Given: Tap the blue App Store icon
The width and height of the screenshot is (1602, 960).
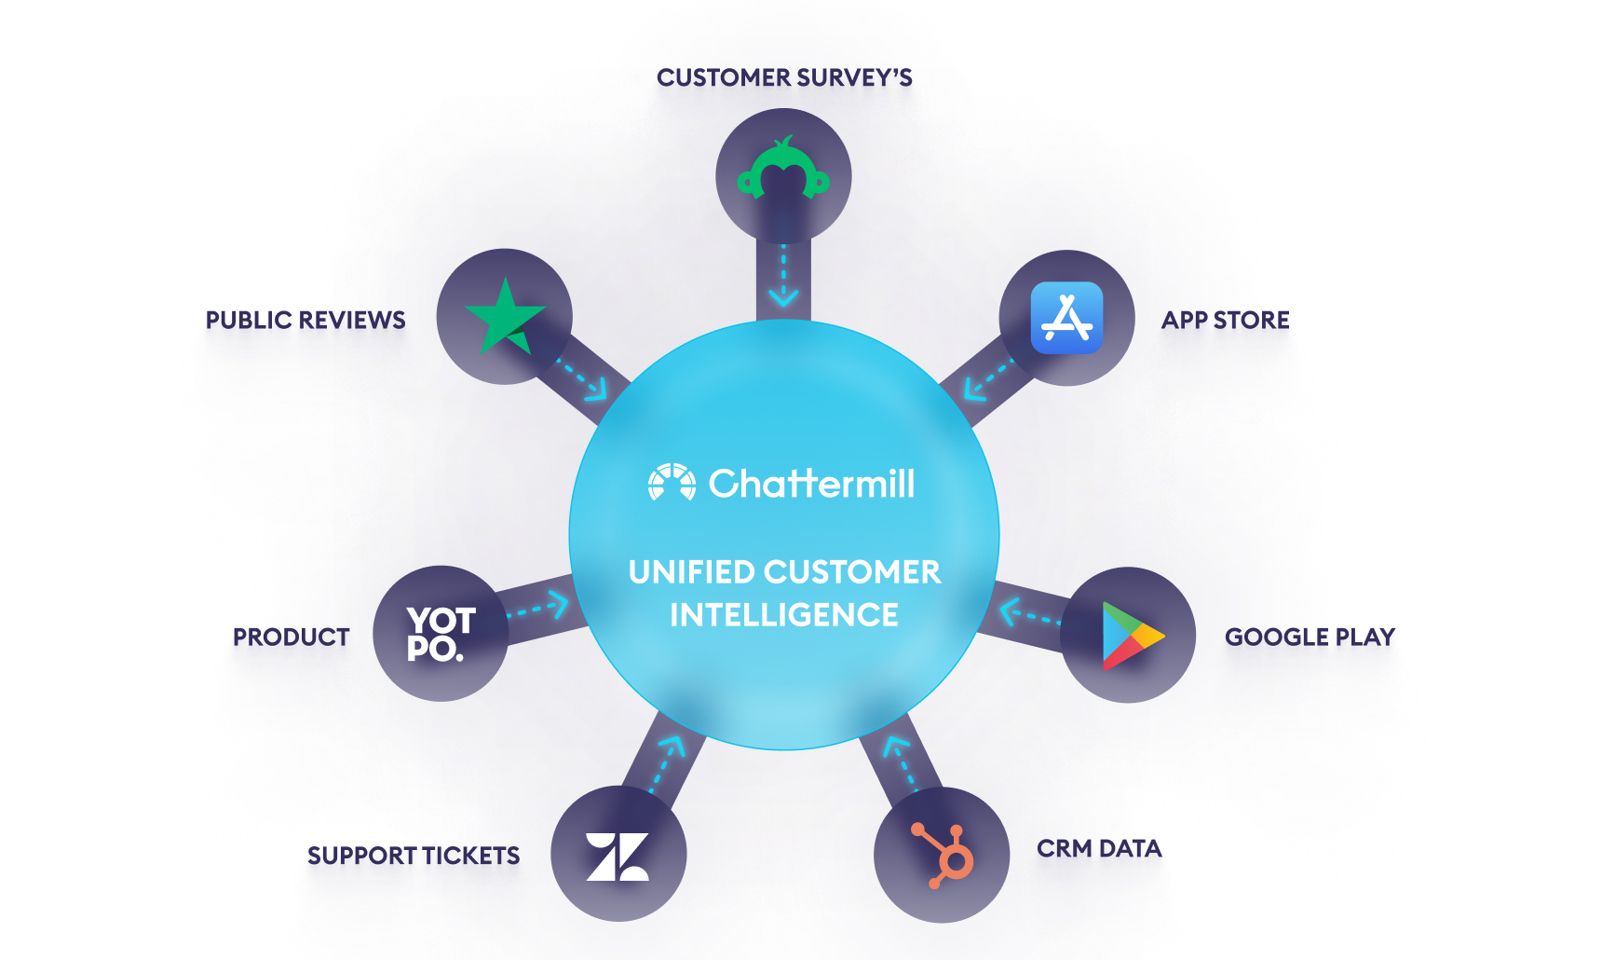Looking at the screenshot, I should coord(1066,318).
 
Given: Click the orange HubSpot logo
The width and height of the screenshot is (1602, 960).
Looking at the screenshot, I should coord(944,855).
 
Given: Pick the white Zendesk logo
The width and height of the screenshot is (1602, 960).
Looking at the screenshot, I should coord(618,856).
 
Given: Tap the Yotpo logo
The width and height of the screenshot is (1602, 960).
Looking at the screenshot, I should coord(441,634).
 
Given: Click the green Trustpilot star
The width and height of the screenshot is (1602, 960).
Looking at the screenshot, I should coord(504,317).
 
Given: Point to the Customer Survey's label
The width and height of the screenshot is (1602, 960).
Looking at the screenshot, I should coord(784,77).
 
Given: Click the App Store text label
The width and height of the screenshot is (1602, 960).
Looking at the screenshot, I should coord(1225,320).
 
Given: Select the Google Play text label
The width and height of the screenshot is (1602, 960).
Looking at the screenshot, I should coord(1310,637).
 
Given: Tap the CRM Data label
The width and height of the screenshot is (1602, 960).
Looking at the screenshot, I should coord(1099,848).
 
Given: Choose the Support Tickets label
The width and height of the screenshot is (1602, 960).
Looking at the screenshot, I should coord(414,856).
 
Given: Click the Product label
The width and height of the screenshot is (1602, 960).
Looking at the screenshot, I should coord(292,637).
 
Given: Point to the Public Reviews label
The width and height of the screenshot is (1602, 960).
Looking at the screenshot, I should coord(305,320).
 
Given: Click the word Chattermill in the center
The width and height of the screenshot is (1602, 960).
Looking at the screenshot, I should coord(811,484).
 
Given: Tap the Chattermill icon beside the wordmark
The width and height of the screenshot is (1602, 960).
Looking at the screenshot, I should coord(672,482).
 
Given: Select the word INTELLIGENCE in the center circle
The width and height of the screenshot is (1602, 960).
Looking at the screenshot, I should coord(784,615).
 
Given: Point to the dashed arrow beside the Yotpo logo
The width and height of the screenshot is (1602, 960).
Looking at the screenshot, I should coord(538,609).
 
